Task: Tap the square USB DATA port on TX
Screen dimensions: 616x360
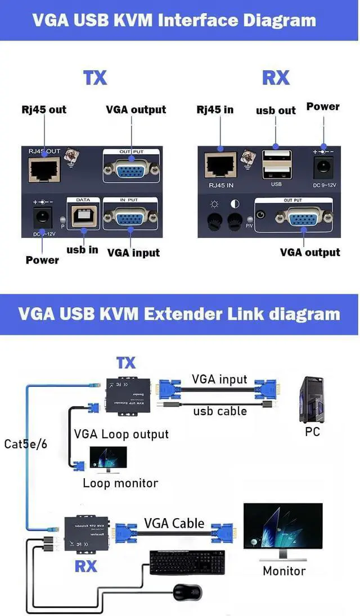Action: (82, 217)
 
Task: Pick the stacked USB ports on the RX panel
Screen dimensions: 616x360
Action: (276, 164)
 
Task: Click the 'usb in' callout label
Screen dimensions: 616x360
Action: (82, 250)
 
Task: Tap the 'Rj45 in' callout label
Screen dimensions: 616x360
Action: (215, 110)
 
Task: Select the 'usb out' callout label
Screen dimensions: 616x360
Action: (276, 111)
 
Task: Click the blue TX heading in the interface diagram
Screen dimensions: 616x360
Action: (94, 78)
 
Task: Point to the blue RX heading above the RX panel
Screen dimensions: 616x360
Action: (276, 78)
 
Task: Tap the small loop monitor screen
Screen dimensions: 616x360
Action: (108, 458)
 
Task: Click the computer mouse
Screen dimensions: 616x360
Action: (187, 592)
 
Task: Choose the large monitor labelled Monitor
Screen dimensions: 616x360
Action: (283, 532)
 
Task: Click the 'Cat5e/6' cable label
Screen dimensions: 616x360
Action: (25, 444)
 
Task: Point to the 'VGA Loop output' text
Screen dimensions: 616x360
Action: (121, 434)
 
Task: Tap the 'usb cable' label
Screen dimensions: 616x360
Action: (219, 411)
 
